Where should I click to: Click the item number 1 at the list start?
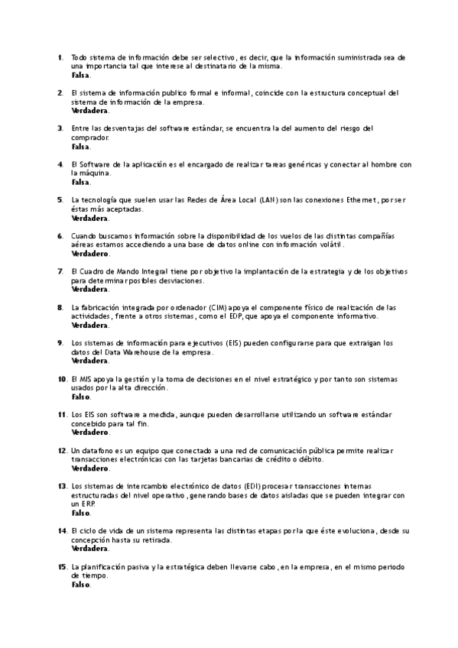(x=60, y=57)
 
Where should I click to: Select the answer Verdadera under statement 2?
(x=89, y=111)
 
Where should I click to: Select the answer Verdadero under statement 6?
(x=89, y=254)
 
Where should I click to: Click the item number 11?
(x=62, y=414)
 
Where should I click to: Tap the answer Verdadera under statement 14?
(x=89, y=548)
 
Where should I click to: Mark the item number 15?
(x=62, y=566)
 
